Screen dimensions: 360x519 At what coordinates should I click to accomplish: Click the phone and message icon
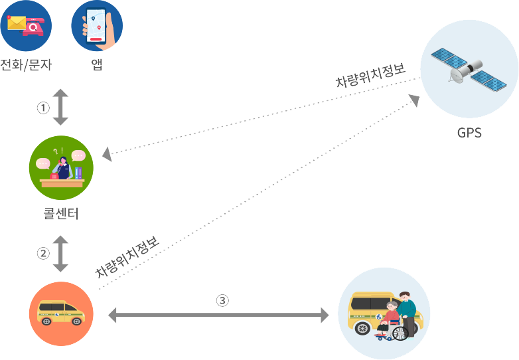point(26,26)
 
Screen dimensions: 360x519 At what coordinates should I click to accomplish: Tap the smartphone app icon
point(97,26)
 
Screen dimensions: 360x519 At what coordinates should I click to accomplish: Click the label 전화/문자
point(27,65)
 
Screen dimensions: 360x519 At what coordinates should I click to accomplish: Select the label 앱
point(97,65)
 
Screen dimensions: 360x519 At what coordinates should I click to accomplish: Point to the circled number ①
point(43,107)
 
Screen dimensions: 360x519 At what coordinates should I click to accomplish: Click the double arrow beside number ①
point(60,107)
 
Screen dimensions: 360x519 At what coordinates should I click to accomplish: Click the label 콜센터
point(61,214)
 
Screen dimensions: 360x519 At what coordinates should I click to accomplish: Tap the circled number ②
point(43,253)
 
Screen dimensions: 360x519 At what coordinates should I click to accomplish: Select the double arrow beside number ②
point(60,253)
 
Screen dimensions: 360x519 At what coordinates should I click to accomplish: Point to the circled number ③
point(223,300)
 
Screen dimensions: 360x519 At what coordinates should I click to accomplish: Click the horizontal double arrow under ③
point(218,315)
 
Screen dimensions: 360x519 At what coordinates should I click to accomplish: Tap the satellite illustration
point(469,67)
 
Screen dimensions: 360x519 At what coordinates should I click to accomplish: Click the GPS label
point(469,132)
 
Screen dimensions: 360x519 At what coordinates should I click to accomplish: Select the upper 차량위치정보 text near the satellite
point(370,76)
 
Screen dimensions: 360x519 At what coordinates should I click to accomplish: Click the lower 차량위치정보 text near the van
point(127,258)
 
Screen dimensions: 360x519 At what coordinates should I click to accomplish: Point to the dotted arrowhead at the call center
point(108,155)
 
